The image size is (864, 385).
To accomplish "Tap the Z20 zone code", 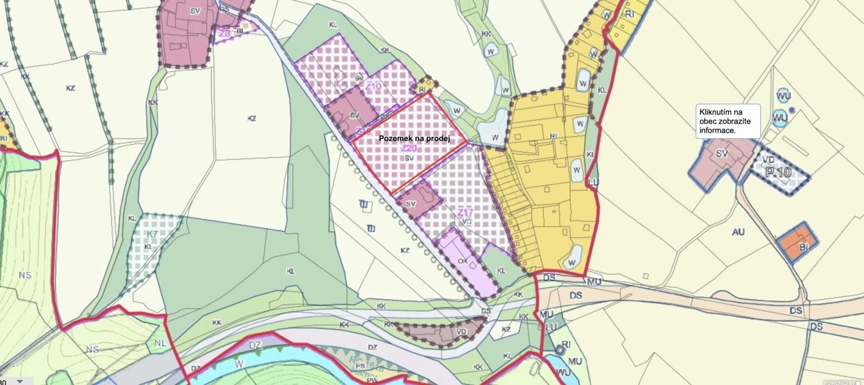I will [409, 148].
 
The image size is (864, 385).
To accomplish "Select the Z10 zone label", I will [373, 86].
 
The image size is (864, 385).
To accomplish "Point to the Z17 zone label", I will [465, 213].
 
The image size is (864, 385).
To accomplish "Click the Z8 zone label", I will [225, 33].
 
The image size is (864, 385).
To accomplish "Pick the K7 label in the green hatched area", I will [153, 234].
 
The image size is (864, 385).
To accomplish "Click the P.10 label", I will [778, 172].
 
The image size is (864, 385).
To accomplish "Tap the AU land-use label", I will [738, 232].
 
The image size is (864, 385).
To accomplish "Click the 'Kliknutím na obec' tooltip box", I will [727, 121].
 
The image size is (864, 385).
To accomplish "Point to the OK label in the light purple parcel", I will [462, 261].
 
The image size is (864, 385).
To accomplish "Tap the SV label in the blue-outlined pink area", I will [722, 153].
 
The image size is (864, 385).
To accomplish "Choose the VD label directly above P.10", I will [769, 160].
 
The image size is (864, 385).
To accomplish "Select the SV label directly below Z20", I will [409, 158].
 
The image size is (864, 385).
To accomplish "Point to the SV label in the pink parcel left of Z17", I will [411, 204].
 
